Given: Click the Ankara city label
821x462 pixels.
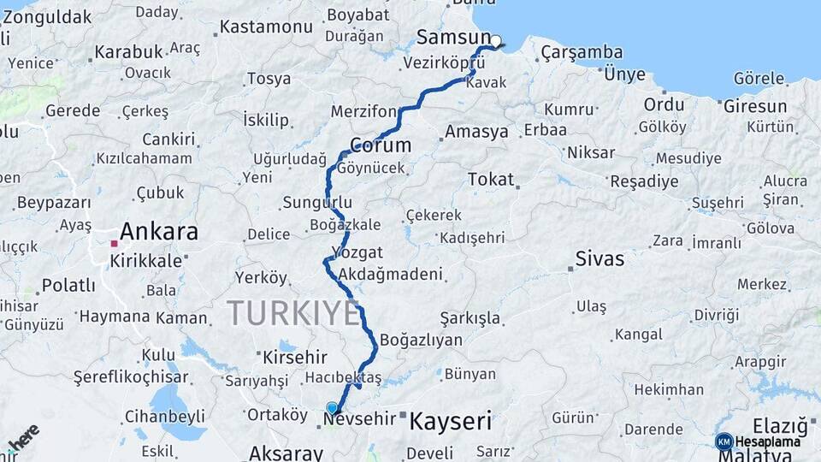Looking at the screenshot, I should pos(159,231).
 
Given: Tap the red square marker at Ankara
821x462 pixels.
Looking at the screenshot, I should pos(114,244).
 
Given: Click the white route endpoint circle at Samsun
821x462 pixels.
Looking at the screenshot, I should pos(495,40).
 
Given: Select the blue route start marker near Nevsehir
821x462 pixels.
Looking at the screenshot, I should pos(333,408).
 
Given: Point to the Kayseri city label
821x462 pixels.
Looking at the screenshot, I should pos(451,421).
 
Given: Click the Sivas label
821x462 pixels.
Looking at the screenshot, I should pos(600,258).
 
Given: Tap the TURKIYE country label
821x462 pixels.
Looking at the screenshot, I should pos(293,313).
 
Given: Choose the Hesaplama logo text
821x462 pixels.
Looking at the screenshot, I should pos(768,441).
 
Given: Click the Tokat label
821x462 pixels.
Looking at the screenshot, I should pos(491,180).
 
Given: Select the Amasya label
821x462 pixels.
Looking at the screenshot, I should pos(476,132).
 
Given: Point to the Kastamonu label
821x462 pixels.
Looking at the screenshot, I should pos(266,27).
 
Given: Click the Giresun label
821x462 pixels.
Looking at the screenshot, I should pos(755,107).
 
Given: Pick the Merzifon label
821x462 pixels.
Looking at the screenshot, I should pos(364,112).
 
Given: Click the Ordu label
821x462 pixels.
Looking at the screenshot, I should pos(664,104).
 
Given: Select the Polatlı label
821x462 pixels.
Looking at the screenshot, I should pos(68,285).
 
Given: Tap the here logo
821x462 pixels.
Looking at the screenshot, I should pos(22,437).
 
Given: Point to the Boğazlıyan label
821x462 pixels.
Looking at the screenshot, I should pos(421,340).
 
